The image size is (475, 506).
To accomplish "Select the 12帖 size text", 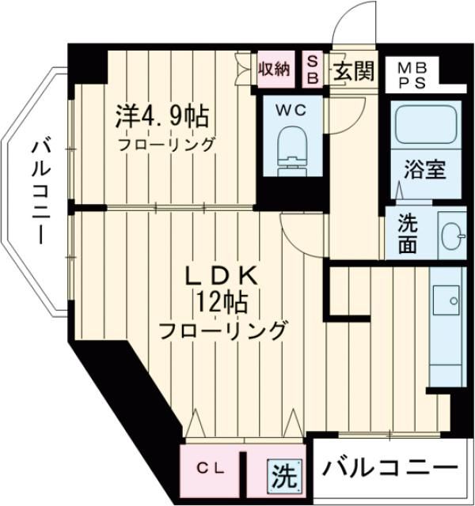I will pos(222,302).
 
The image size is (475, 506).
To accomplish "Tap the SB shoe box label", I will pos(312,70).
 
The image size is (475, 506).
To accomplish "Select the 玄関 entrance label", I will pos(352,71).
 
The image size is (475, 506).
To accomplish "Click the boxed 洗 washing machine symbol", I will pos(283,476).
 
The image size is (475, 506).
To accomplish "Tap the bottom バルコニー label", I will pos(389,468).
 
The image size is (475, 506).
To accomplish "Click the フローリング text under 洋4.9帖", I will pos(166,145).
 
